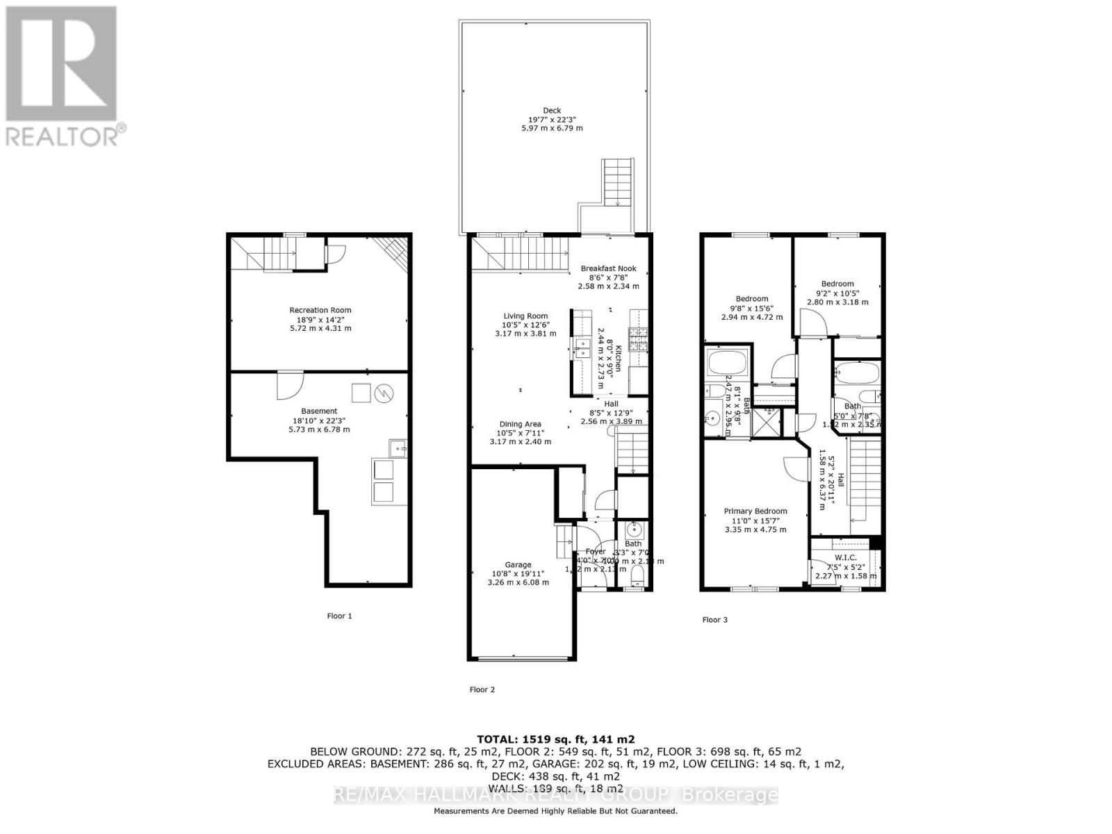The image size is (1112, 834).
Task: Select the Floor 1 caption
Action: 340,616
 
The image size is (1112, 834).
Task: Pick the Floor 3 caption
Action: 714,620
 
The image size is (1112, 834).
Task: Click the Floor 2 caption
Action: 482,689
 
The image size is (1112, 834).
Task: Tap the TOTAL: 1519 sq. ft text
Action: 555,739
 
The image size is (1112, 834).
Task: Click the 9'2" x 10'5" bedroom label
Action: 837,293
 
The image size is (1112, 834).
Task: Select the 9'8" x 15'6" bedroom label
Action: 752,308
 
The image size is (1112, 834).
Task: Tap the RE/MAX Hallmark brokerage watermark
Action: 555,795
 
